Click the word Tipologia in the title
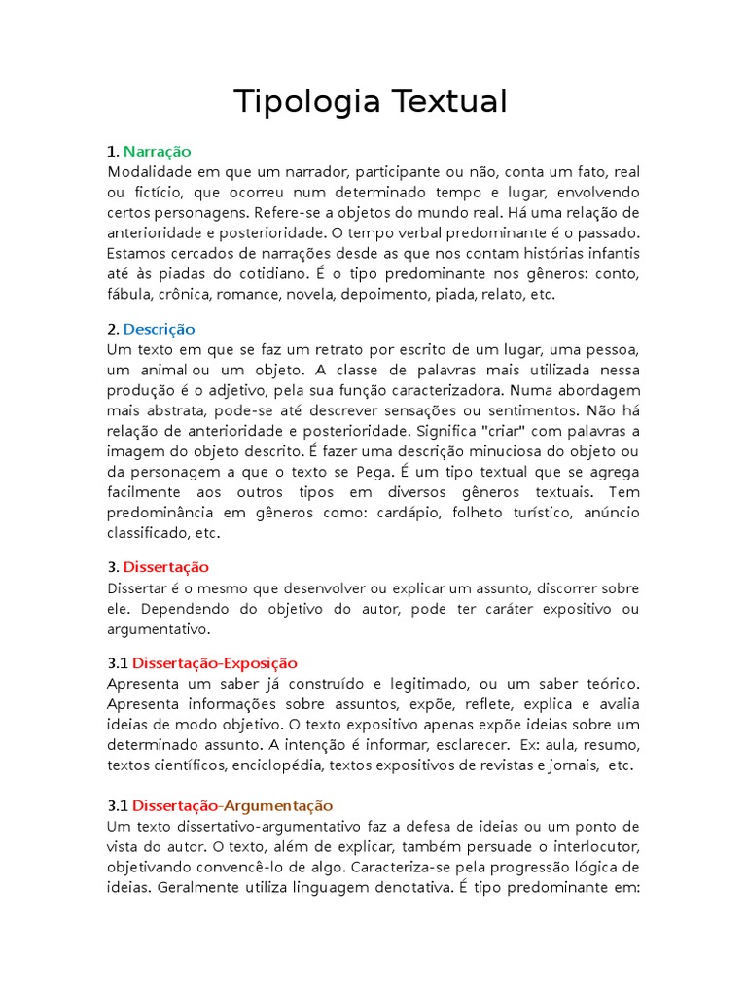(304, 102)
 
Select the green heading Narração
(158, 151)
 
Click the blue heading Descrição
(160, 329)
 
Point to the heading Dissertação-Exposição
(215, 663)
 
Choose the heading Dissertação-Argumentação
(232, 805)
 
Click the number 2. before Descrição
(113, 329)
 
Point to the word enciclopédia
(279, 765)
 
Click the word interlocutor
(594, 846)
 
